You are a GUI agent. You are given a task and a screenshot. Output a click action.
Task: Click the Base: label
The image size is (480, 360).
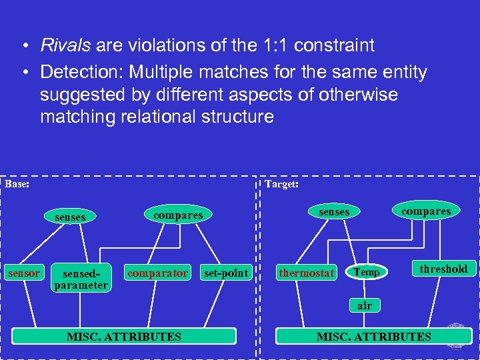[17, 183]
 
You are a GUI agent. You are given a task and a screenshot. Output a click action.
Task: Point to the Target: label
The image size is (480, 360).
[281, 183]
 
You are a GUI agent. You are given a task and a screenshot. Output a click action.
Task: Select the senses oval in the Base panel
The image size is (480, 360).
[70, 217]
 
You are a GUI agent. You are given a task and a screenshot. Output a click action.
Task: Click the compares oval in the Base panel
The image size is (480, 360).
[177, 215]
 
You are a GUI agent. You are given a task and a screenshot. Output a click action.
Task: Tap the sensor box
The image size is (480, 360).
[24, 273]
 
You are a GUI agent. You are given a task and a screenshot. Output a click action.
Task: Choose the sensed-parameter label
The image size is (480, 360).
[81, 279]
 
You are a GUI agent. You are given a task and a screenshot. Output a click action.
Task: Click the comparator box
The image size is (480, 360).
[157, 273]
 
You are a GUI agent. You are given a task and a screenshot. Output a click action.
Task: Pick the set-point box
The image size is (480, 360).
[226, 273]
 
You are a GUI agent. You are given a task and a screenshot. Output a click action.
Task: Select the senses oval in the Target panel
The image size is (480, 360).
[334, 211]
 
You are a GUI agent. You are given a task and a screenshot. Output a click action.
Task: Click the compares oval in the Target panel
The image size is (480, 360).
[426, 211]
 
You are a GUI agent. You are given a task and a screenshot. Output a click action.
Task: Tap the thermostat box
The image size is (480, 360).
[307, 273]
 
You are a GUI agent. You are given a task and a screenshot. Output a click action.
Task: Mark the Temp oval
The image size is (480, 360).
[367, 271]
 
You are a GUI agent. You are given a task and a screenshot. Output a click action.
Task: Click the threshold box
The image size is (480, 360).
[443, 269]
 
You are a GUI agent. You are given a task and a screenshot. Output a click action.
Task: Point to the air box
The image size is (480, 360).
[365, 305]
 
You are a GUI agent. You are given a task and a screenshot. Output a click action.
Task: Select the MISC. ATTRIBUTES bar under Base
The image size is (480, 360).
[124, 336]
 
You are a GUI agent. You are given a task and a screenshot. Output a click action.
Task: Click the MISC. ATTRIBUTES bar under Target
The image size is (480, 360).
[373, 336]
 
